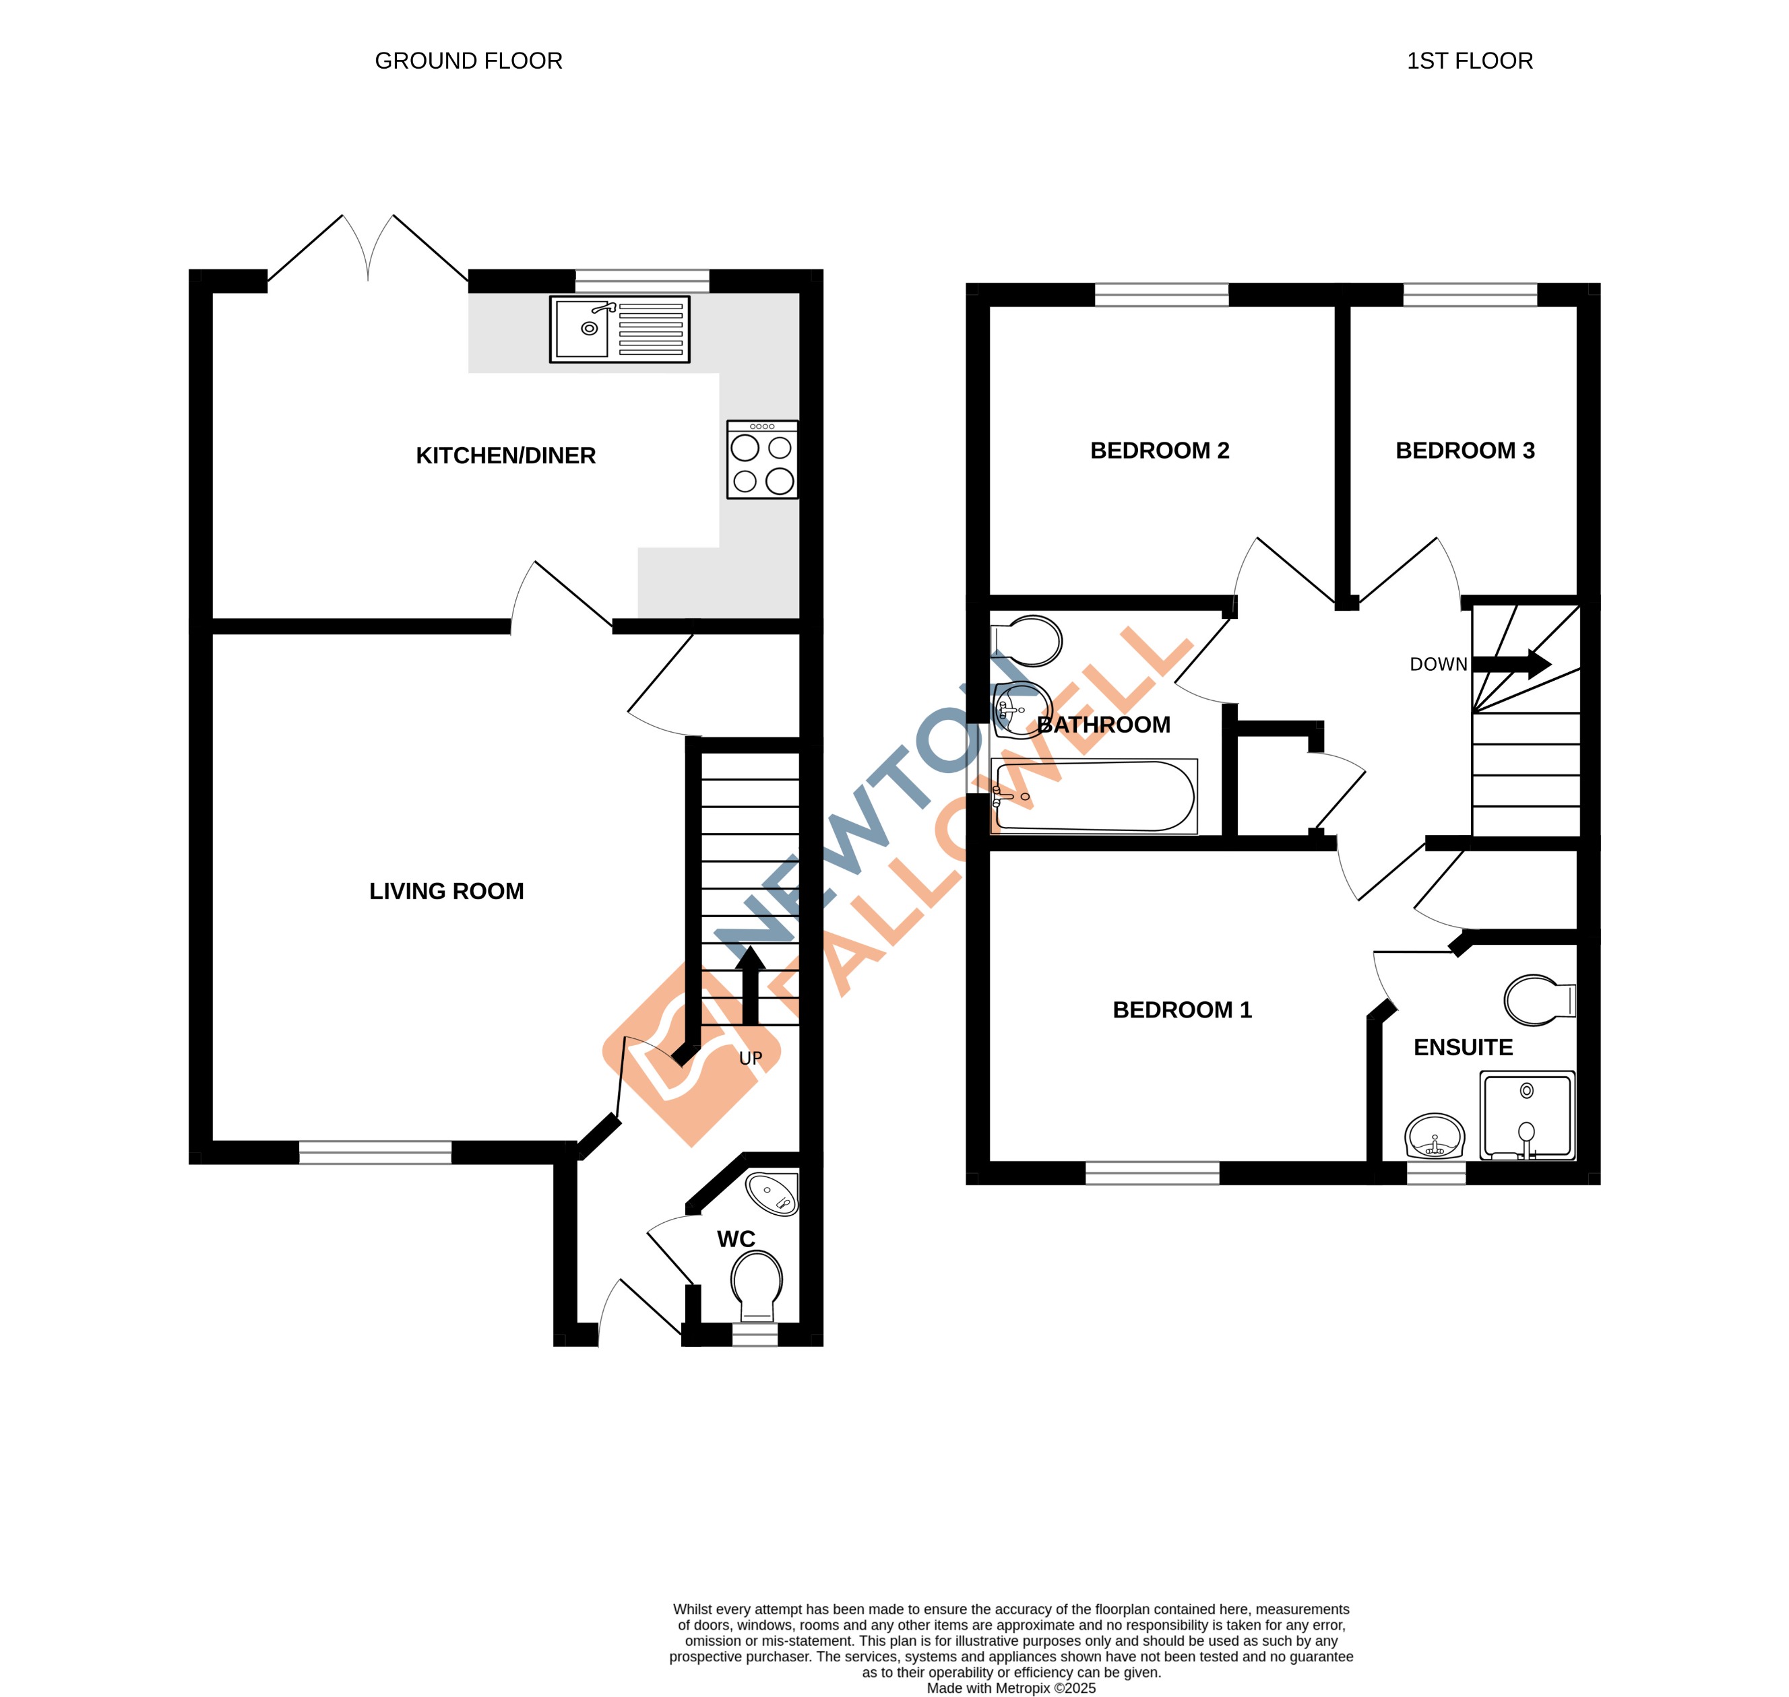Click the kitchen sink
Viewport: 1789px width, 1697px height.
click(619, 329)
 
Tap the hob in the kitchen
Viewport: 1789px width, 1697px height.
click(762, 459)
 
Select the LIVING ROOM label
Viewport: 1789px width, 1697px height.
click(446, 891)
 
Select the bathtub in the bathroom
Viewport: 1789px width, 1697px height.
click(1094, 797)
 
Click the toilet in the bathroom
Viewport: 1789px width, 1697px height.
click(1030, 641)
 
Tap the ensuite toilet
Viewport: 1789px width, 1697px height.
click(1539, 1001)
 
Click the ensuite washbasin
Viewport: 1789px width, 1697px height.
click(1435, 1136)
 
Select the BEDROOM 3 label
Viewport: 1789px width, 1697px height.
click(1465, 451)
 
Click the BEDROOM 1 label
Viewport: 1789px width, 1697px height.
click(1182, 1009)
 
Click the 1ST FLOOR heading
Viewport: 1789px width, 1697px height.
click(1470, 61)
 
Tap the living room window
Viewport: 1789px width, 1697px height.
click(375, 1152)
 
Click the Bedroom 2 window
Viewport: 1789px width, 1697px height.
click(1161, 294)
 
